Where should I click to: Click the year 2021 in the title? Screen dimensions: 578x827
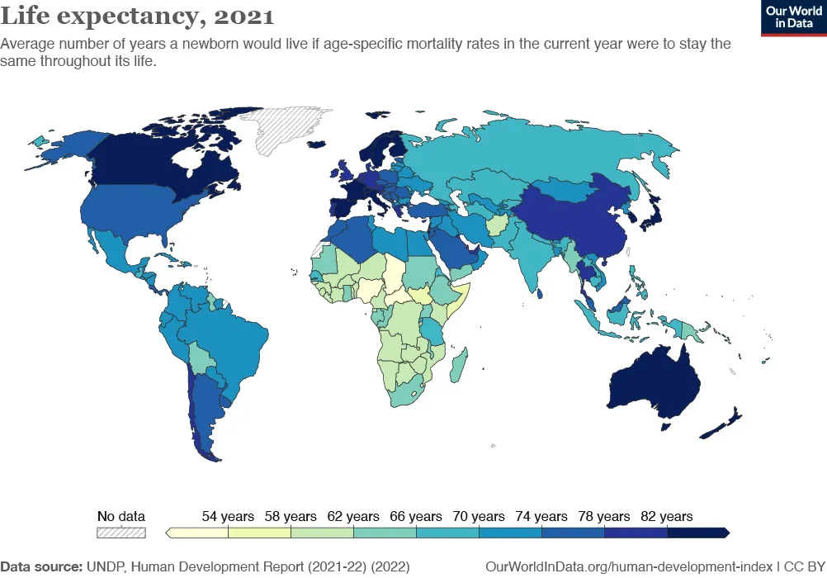coord(245,16)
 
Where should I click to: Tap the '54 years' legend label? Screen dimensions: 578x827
coord(228,517)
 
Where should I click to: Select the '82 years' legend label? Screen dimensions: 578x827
coord(666,517)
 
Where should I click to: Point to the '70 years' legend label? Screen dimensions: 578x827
coord(479,517)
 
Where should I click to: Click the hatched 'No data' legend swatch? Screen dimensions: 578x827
coord(121,533)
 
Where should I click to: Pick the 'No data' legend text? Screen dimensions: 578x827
coord(121,517)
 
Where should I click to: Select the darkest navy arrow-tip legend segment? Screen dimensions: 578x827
coord(697,533)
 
